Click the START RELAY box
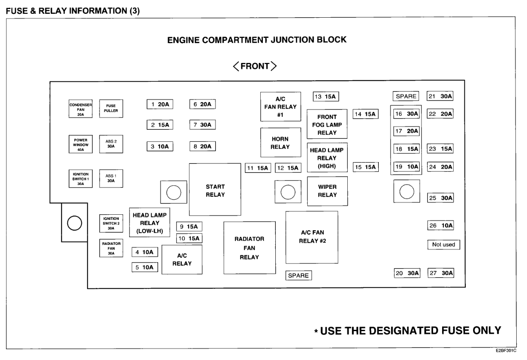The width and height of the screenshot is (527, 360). tap(215, 190)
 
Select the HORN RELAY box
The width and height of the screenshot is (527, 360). tap(280, 143)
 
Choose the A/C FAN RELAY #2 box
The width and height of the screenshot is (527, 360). tap(312, 237)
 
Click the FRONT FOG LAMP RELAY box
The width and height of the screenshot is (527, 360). tap(327, 124)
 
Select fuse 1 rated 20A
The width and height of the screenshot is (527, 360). tap(159, 104)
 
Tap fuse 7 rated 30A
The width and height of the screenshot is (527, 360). tap(202, 125)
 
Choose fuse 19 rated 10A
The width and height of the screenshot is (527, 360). tap(407, 166)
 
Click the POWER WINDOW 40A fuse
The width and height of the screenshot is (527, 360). tap(81, 145)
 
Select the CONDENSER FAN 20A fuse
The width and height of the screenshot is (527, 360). tap(81, 109)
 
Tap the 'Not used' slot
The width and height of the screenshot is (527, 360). tap(443, 244)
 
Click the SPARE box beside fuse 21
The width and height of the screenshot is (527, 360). tap(406, 96)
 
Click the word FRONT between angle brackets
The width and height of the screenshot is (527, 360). tap(255, 66)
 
